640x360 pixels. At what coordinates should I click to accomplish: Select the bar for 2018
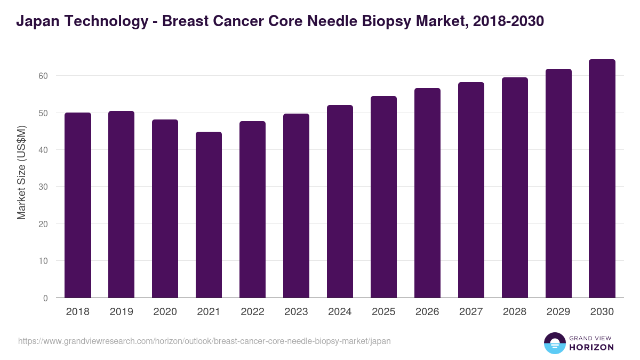pyautogui.click(x=78, y=205)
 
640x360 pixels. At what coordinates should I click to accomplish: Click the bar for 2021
pyautogui.click(x=209, y=215)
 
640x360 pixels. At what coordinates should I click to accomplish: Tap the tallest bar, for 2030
pyautogui.click(x=602, y=179)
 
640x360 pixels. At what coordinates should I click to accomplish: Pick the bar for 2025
pyautogui.click(x=383, y=197)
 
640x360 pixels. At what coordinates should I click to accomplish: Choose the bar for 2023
pyautogui.click(x=296, y=206)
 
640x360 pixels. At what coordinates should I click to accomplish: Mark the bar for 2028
pyautogui.click(x=515, y=188)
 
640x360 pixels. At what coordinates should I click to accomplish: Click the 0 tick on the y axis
pyautogui.click(x=46, y=298)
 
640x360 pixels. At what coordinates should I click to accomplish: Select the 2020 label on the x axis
pyautogui.click(x=165, y=312)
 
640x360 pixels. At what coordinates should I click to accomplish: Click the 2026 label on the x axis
pyautogui.click(x=427, y=312)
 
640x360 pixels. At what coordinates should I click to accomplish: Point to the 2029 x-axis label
pyautogui.click(x=558, y=312)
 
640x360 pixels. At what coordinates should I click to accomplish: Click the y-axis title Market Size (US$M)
pyautogui.click(x=21, y=172)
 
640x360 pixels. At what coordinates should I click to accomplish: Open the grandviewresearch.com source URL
pyautogui.click(x=204, y=341)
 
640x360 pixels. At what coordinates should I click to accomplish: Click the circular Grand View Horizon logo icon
pyautogui.click(x=555, y=343)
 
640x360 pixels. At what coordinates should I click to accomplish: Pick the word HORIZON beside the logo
pyautogui.click(x=591, y=347)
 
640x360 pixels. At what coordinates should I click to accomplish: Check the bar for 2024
pyautogui.click(x=340, y=202)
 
